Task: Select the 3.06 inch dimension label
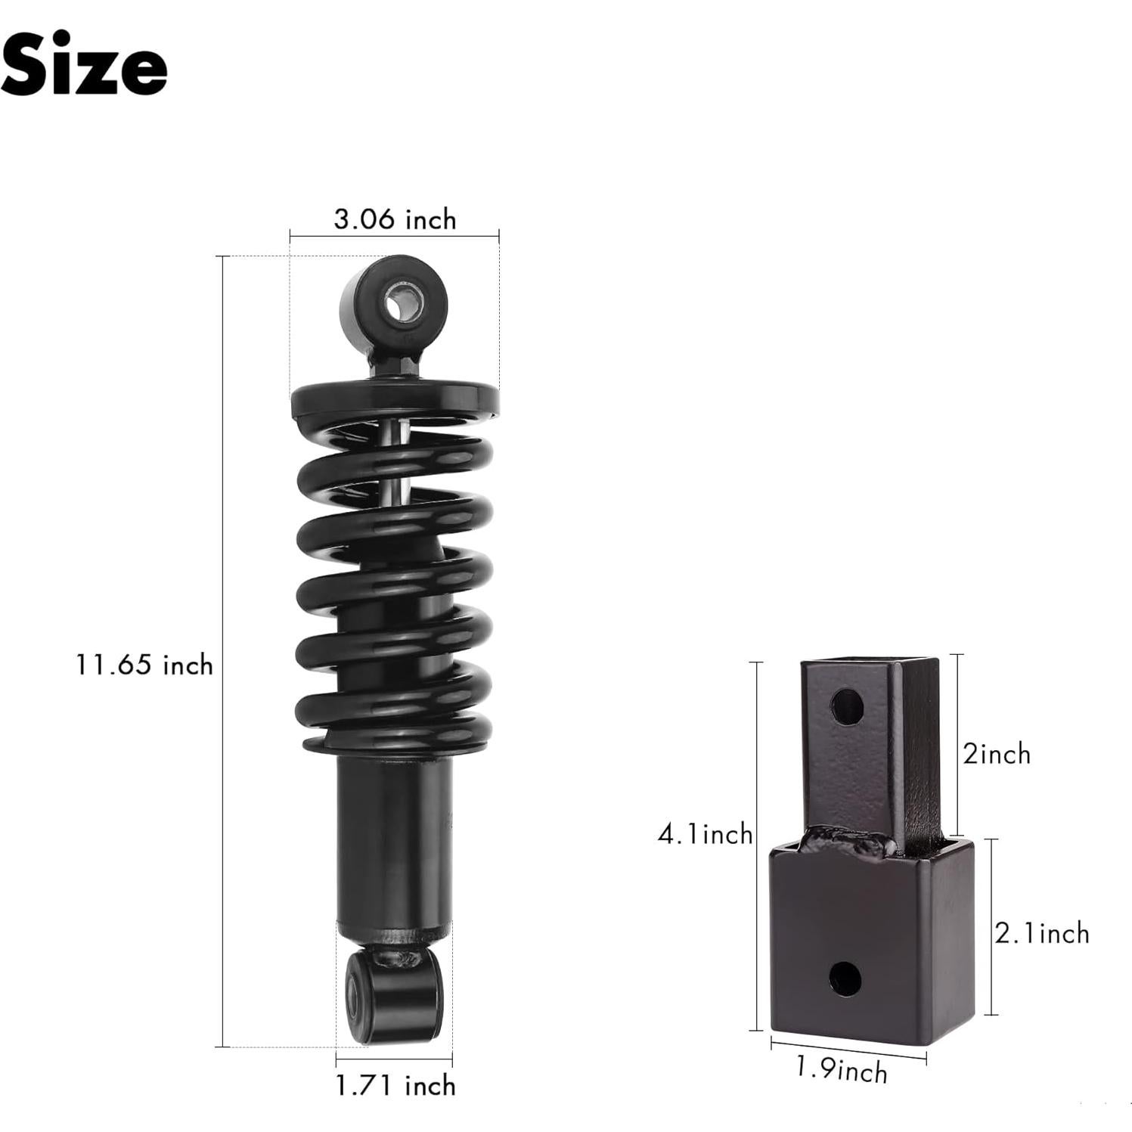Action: tap(395, 219)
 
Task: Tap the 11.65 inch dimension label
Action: tap(144, 665)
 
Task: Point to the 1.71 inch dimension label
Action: tap(395, 1085)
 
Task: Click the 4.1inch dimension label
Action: tap(705, 834)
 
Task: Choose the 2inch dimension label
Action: tap(996, 754)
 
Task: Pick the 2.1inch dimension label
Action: tap(1041, 933)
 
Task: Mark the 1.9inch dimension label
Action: tap(841, 1070)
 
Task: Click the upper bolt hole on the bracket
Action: tap(846, 707)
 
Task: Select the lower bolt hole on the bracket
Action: tap(845, 978)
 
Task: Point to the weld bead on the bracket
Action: tap(847, 842)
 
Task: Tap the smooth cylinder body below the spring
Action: tap(393, 839)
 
